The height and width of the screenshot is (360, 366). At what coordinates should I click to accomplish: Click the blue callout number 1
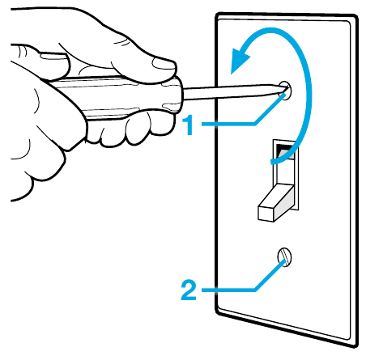[x=189, y=125]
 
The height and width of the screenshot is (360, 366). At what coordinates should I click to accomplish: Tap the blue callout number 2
[x=189, y=290]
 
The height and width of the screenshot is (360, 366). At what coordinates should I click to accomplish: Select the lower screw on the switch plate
[x=284, y=257]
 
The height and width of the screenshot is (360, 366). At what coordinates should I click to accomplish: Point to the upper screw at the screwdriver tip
[x=286, y=91]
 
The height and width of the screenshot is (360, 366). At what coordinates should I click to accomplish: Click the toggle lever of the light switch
[x=276, y=202]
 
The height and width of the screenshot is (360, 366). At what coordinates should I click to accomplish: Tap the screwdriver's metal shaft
[x=233, y=91]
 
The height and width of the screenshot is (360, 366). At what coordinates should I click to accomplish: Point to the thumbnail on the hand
[x=164, y=65]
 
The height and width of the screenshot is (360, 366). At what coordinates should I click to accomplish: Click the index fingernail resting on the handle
[x=53, y=55]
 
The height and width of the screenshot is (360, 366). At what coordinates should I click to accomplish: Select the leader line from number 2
[x=243, y=283]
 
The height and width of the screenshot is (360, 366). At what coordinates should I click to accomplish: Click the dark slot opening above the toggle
[x=285, y=148]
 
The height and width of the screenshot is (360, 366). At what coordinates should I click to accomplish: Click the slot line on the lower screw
[x=284, y=257]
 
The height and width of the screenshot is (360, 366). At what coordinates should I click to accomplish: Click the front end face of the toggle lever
[x=266, y=214]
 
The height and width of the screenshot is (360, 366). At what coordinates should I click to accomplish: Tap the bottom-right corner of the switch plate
[x=355, y=345]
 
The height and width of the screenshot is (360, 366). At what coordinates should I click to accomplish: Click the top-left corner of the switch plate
[x=218, y=15]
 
